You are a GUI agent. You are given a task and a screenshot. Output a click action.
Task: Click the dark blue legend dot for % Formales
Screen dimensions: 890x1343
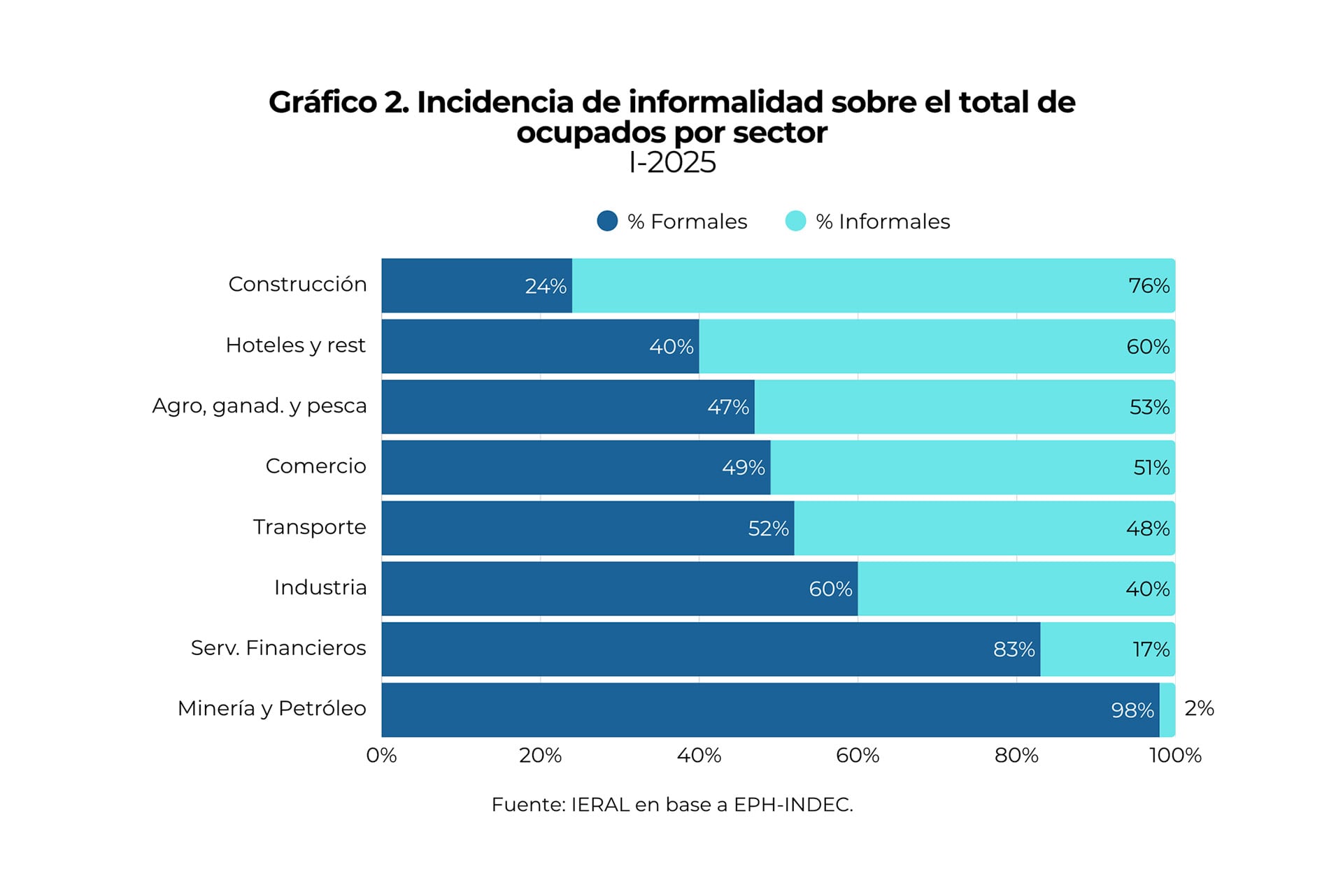607,221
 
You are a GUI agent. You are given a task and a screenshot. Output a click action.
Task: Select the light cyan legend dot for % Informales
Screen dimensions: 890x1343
795,221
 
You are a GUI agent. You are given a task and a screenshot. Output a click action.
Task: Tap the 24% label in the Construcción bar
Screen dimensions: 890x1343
546,286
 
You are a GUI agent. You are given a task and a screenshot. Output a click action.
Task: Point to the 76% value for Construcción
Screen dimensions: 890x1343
1149,286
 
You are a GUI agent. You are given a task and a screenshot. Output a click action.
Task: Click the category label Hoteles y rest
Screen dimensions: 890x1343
295,345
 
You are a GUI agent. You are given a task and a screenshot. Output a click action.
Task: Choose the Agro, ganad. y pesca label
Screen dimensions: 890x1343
260,406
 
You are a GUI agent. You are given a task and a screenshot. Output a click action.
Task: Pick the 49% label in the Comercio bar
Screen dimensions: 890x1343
743,468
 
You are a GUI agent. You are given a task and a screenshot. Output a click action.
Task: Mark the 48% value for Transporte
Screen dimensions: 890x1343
1147,529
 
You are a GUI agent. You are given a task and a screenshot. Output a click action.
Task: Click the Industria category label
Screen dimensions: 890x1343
320,587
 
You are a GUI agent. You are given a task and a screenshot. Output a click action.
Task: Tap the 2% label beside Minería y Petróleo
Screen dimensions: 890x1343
1199,708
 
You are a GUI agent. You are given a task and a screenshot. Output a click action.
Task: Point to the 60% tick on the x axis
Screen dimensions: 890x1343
858,756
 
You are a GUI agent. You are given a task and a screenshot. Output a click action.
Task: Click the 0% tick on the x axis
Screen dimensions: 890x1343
382,756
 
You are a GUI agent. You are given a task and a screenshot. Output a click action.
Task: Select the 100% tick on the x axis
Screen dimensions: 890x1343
1175,756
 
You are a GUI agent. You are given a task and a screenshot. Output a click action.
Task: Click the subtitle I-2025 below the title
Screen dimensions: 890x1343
672,163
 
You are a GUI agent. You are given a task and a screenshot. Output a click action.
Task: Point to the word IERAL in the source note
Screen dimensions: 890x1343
599,805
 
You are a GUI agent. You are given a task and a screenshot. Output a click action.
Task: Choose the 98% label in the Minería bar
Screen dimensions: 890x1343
1132,710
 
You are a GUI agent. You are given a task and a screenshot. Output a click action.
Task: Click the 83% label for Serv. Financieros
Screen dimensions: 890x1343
1014,649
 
